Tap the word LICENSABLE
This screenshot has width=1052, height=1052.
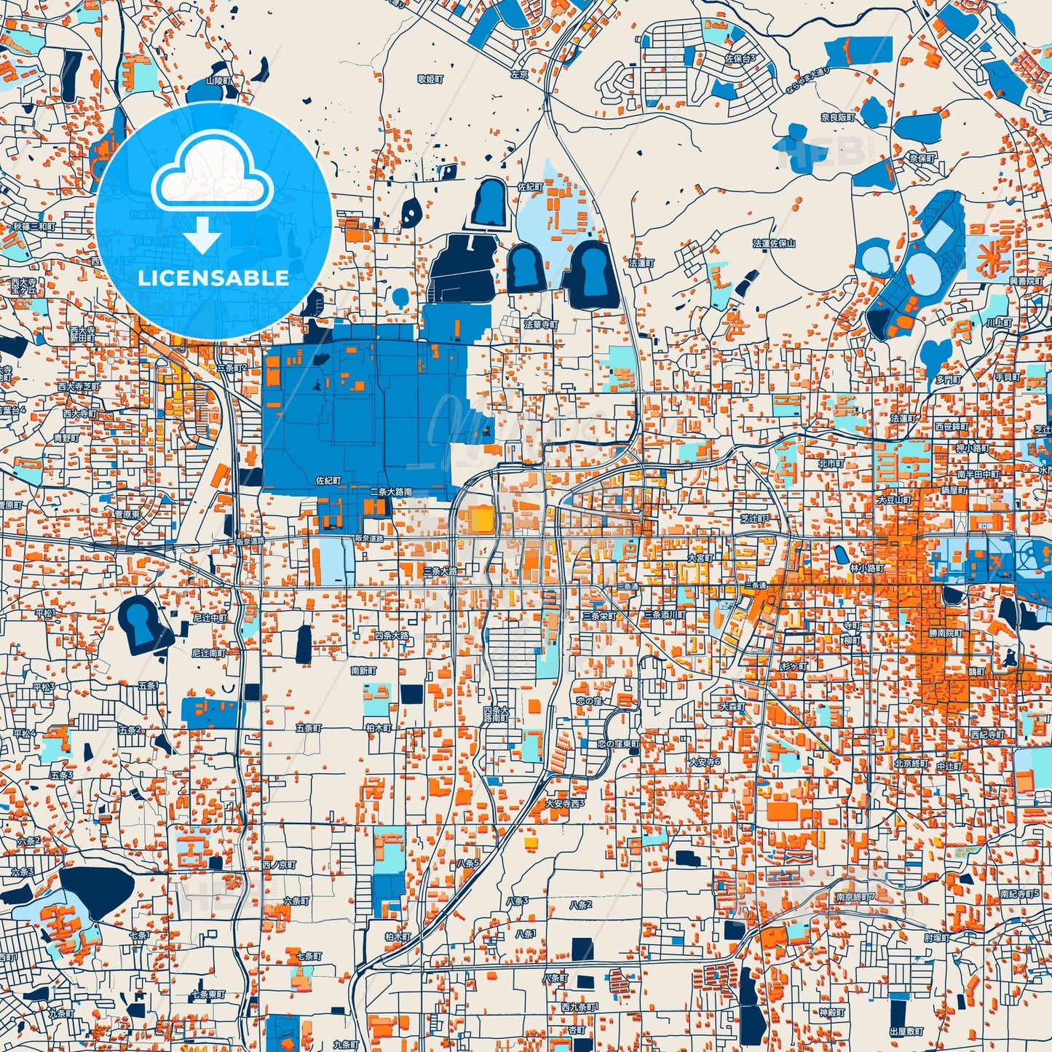(x=213, y=278)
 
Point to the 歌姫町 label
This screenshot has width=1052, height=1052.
(x=430, y=78)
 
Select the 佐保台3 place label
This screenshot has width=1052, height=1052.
(x=740, y=58)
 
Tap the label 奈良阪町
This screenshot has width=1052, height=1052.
(x=837, y=116)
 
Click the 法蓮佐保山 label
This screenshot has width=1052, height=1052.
(x=774, y=244)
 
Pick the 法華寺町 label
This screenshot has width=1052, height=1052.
(x=541, y=323)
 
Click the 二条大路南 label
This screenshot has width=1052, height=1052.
(x=390, y=492)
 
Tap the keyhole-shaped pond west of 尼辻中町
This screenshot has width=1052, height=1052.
(x=141, y=622)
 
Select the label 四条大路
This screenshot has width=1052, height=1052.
(x=392, y=636)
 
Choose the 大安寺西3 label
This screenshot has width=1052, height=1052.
(x=565, y=803)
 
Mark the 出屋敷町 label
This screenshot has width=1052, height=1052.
(x=906, y=1032)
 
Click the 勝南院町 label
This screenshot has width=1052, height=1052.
(x=945, y=633)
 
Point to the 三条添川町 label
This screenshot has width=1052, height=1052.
(x=663, y=615)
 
